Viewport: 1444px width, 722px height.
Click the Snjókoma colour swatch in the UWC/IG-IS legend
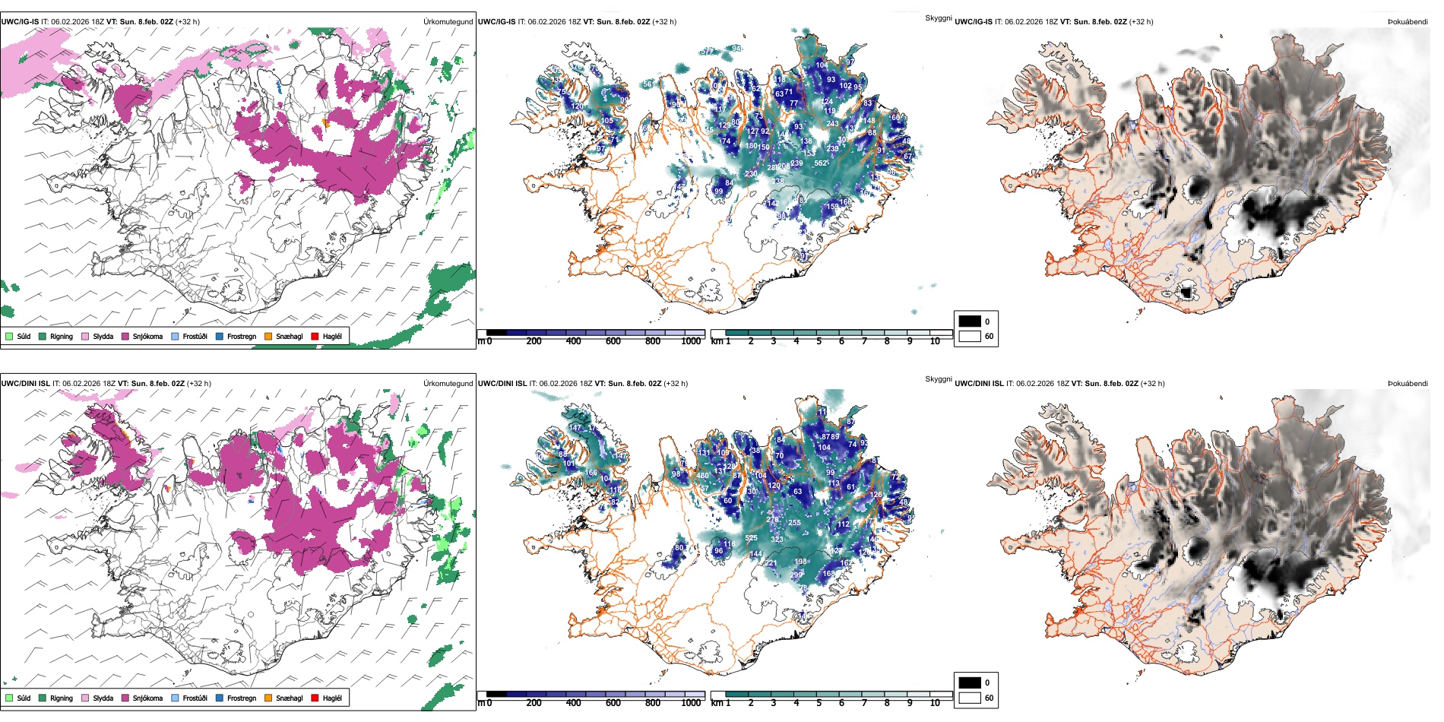click(125, 336)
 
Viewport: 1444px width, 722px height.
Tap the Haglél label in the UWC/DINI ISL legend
click(332, 698)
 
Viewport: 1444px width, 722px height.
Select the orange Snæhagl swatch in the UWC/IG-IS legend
click(268, 336)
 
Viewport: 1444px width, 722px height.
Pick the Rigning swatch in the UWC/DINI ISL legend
click(43, 698)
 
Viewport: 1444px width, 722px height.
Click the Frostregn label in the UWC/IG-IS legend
click(242, 336)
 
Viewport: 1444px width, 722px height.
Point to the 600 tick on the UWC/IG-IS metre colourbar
click(613, 341)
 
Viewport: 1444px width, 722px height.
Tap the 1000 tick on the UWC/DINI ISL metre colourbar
click(691, 703)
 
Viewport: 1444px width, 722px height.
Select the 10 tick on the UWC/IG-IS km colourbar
click(935, 341)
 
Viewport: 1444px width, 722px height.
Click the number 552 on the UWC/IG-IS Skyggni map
click(821, 163)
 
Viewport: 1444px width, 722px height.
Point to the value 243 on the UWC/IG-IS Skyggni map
click(832, 123)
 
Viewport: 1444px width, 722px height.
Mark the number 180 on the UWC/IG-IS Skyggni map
click(751, 146)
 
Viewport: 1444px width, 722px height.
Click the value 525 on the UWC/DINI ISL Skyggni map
click(751, 538)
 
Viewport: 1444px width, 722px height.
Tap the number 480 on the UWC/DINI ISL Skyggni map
click(703, 477)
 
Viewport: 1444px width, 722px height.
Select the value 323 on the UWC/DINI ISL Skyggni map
click(777, 540)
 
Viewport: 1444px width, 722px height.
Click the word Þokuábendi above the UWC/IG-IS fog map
click(1408, 22)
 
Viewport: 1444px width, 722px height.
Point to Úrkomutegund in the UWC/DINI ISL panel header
click(448, 384)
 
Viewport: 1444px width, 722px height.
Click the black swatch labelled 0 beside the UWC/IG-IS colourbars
click(970, 321)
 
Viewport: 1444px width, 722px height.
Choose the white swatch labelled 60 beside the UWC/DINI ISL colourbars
click(970, 698)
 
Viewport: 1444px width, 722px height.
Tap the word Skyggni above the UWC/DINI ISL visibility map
click(938, 379)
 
